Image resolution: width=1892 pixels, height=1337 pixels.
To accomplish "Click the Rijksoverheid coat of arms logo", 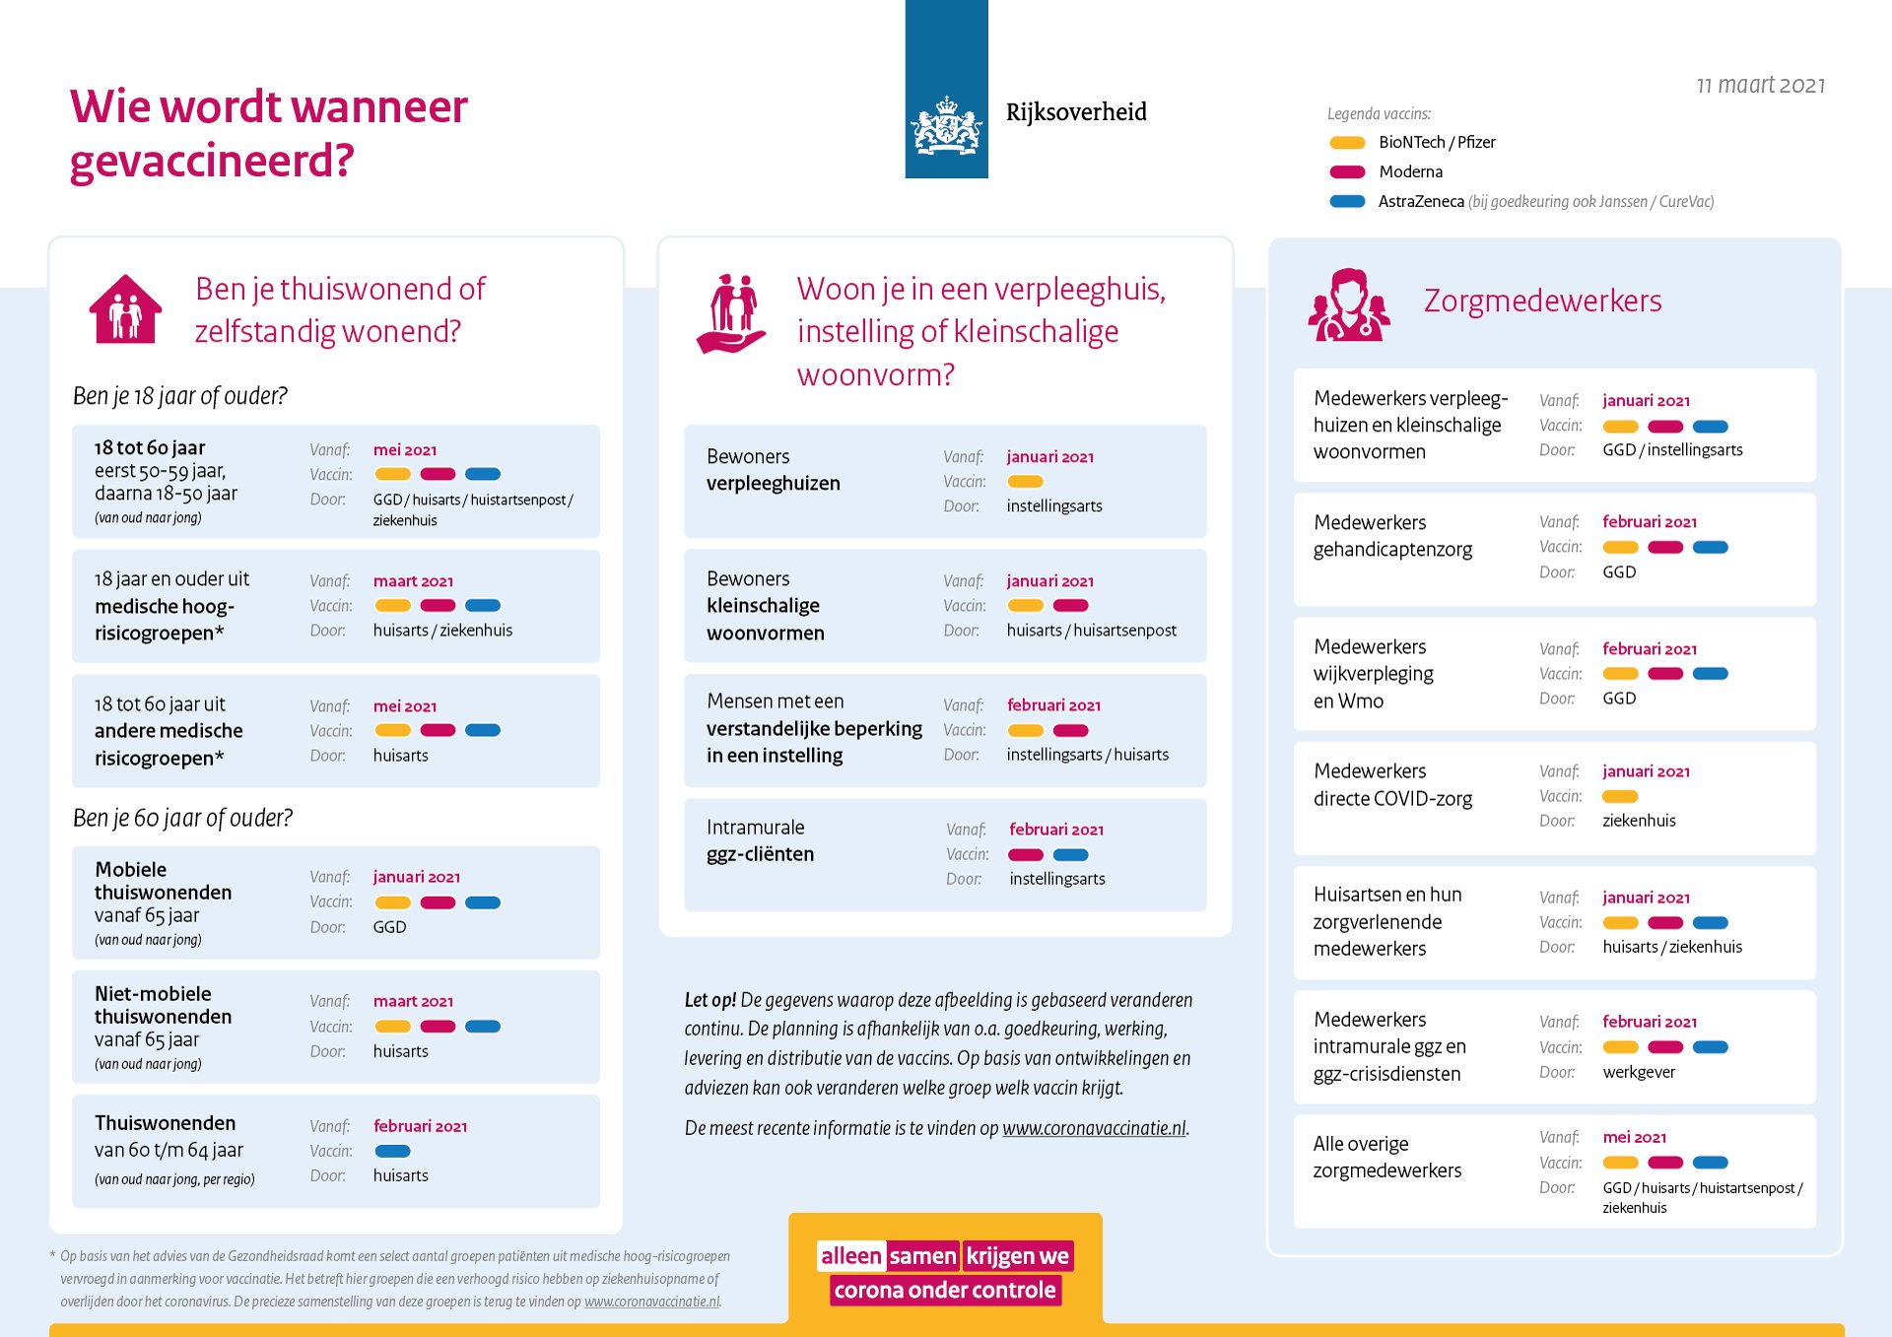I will point(946,126).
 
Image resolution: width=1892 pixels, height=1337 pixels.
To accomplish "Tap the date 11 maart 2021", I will point(1760,86).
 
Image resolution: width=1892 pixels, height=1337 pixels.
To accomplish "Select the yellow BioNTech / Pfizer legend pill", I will point(1347,143).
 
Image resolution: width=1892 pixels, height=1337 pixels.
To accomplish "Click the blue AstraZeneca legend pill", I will point(1347,202).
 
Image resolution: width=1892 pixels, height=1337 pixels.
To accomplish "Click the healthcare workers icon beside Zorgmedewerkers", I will point(1348,305).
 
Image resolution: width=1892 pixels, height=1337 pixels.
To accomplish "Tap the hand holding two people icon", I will point(732,313).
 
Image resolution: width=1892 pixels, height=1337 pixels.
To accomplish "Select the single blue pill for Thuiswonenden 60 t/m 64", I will point(392,1151).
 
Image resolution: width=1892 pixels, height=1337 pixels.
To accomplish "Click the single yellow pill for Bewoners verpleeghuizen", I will point(1025,482).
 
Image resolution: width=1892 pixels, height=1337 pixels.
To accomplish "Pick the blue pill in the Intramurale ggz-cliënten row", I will point(1070,855).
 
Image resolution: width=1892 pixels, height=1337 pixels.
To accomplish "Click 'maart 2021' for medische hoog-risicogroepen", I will point(413,581).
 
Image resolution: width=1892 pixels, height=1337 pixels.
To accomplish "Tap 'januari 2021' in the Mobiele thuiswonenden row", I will point(416,877).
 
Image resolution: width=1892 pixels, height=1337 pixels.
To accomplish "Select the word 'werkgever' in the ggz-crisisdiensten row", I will point(1639,1072).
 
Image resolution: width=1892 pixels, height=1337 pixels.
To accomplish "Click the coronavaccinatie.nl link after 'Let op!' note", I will point(1094,1128).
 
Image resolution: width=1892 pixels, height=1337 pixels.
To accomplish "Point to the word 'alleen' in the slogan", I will point(850,1256).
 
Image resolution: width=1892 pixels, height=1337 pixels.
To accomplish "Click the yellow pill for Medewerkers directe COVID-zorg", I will point(1620,796).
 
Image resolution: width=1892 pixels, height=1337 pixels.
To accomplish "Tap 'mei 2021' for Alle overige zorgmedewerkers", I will point(1634,1137).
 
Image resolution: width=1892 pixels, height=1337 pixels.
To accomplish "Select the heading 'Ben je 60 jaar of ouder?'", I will point(182,818).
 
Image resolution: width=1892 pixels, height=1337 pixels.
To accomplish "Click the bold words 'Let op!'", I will point(709,1000).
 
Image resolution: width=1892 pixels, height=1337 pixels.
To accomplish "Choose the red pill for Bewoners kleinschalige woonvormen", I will point(1070,606).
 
